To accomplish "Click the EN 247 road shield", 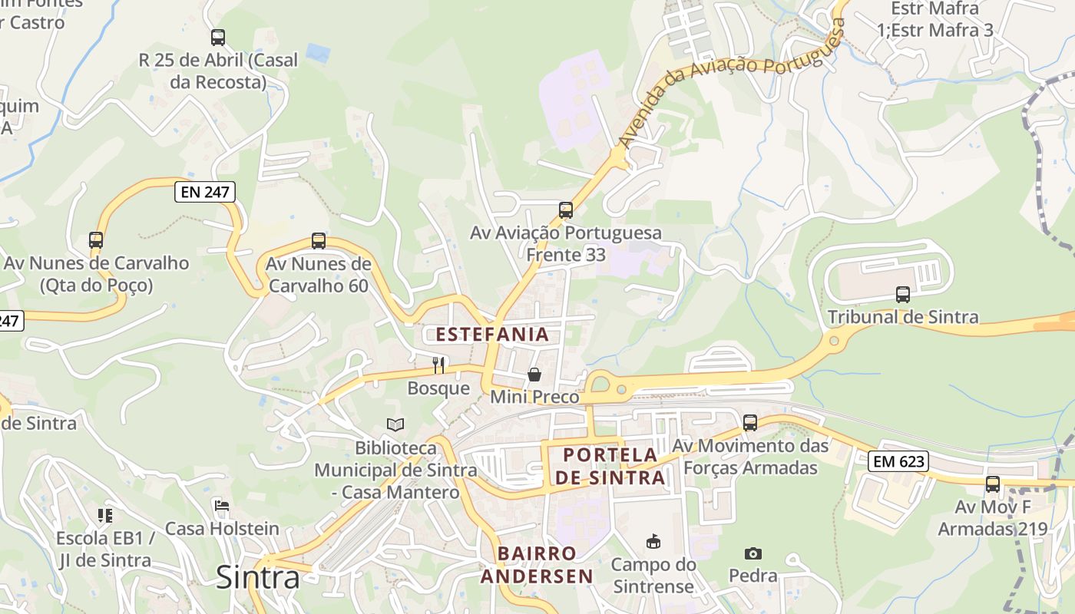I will pyautogui.click(x=204, y=192).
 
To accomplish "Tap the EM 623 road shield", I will pyautogui.click(x=898, y=461).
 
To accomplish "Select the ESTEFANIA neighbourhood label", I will pyautogui.click(x=492, y=334).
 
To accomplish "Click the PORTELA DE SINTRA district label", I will pyautogui.click(x=610, y=466).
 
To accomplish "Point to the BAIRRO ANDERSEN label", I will pyautogui.click(x=537, y=565).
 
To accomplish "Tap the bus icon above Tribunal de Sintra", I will pyautogui.click(x=903, y=294).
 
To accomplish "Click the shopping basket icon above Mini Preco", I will pyautogui.click(x=534, y=375).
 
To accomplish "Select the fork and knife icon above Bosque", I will pyautogui.click(x=438, y=365).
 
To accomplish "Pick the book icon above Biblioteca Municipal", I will pyautogui.click(x=395, y=424).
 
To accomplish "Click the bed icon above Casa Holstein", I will pyautogui.click(x=222, y=506).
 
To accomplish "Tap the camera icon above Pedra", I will pyautogui.click(x=752, y=553).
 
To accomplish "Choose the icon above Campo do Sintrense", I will pyautogui.click(x=653, y=543).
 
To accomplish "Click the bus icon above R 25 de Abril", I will pyautogui.click(x=218, y=37).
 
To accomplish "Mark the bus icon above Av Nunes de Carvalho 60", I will pyautogui.click(x=319, y=241).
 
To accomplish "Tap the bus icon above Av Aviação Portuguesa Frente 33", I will pyautogui.click(x=566, y=210).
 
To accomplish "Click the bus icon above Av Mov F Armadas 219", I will pyautogui.click(x=993, y=484).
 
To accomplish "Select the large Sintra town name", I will pyautogui.click(x=257, y=577).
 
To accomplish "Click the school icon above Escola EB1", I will pyautogui.click(x=105, y=515).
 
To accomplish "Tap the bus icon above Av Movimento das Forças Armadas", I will pyautogui.click(x=750, y=422).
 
